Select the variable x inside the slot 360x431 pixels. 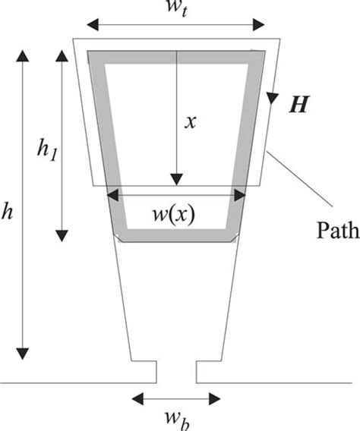191,121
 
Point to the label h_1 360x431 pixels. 47,142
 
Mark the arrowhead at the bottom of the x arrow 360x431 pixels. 175,179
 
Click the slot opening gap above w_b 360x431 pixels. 176,372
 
